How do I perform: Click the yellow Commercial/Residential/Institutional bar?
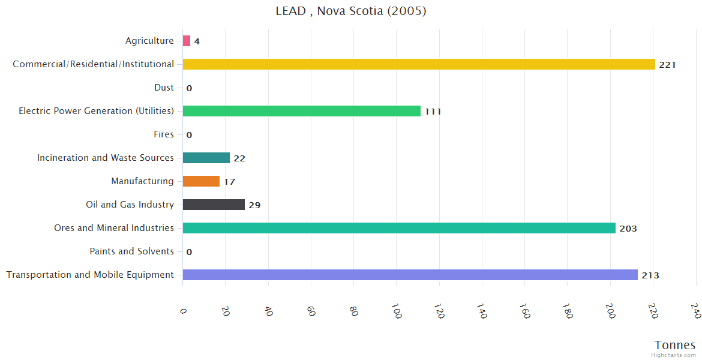pyautogui.click(x=418, y=64)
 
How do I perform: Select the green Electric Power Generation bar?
pyautogui.click(x=301, y=111)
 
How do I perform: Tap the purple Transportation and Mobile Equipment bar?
pyautogui.click(x=410, y=275)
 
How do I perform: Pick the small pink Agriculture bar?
pyautogui.click(x=187, y=41)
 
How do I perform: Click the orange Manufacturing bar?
pyautogui.click(x=201, y=181)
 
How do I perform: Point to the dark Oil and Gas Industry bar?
pyautogui.click(x=214, y=205)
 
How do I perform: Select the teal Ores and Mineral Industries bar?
pyautogui.click(x=399, y=228)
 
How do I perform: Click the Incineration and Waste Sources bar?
pyautogui.click(x=206, y=158)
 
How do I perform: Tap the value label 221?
pyautogui.click(x=667, y=65)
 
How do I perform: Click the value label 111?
pyautogui.click(x=433, y=112)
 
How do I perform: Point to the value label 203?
pyautogui.click(x=628, y=229)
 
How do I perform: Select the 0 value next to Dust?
pyautogui.click(x=189, y=88)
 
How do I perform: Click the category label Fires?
pyautogui.click(x=163, y=134)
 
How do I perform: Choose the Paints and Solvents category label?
pyautogui.click(x=131, y=251)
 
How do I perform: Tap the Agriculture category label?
pyautogui.click(x=149, y=41)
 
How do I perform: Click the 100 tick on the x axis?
pyautogui.click(x=397, y=311)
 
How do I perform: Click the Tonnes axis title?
pyautogui.click(x=674, y=345)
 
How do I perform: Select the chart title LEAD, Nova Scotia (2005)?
pyautogui.click(x=351, y=11)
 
